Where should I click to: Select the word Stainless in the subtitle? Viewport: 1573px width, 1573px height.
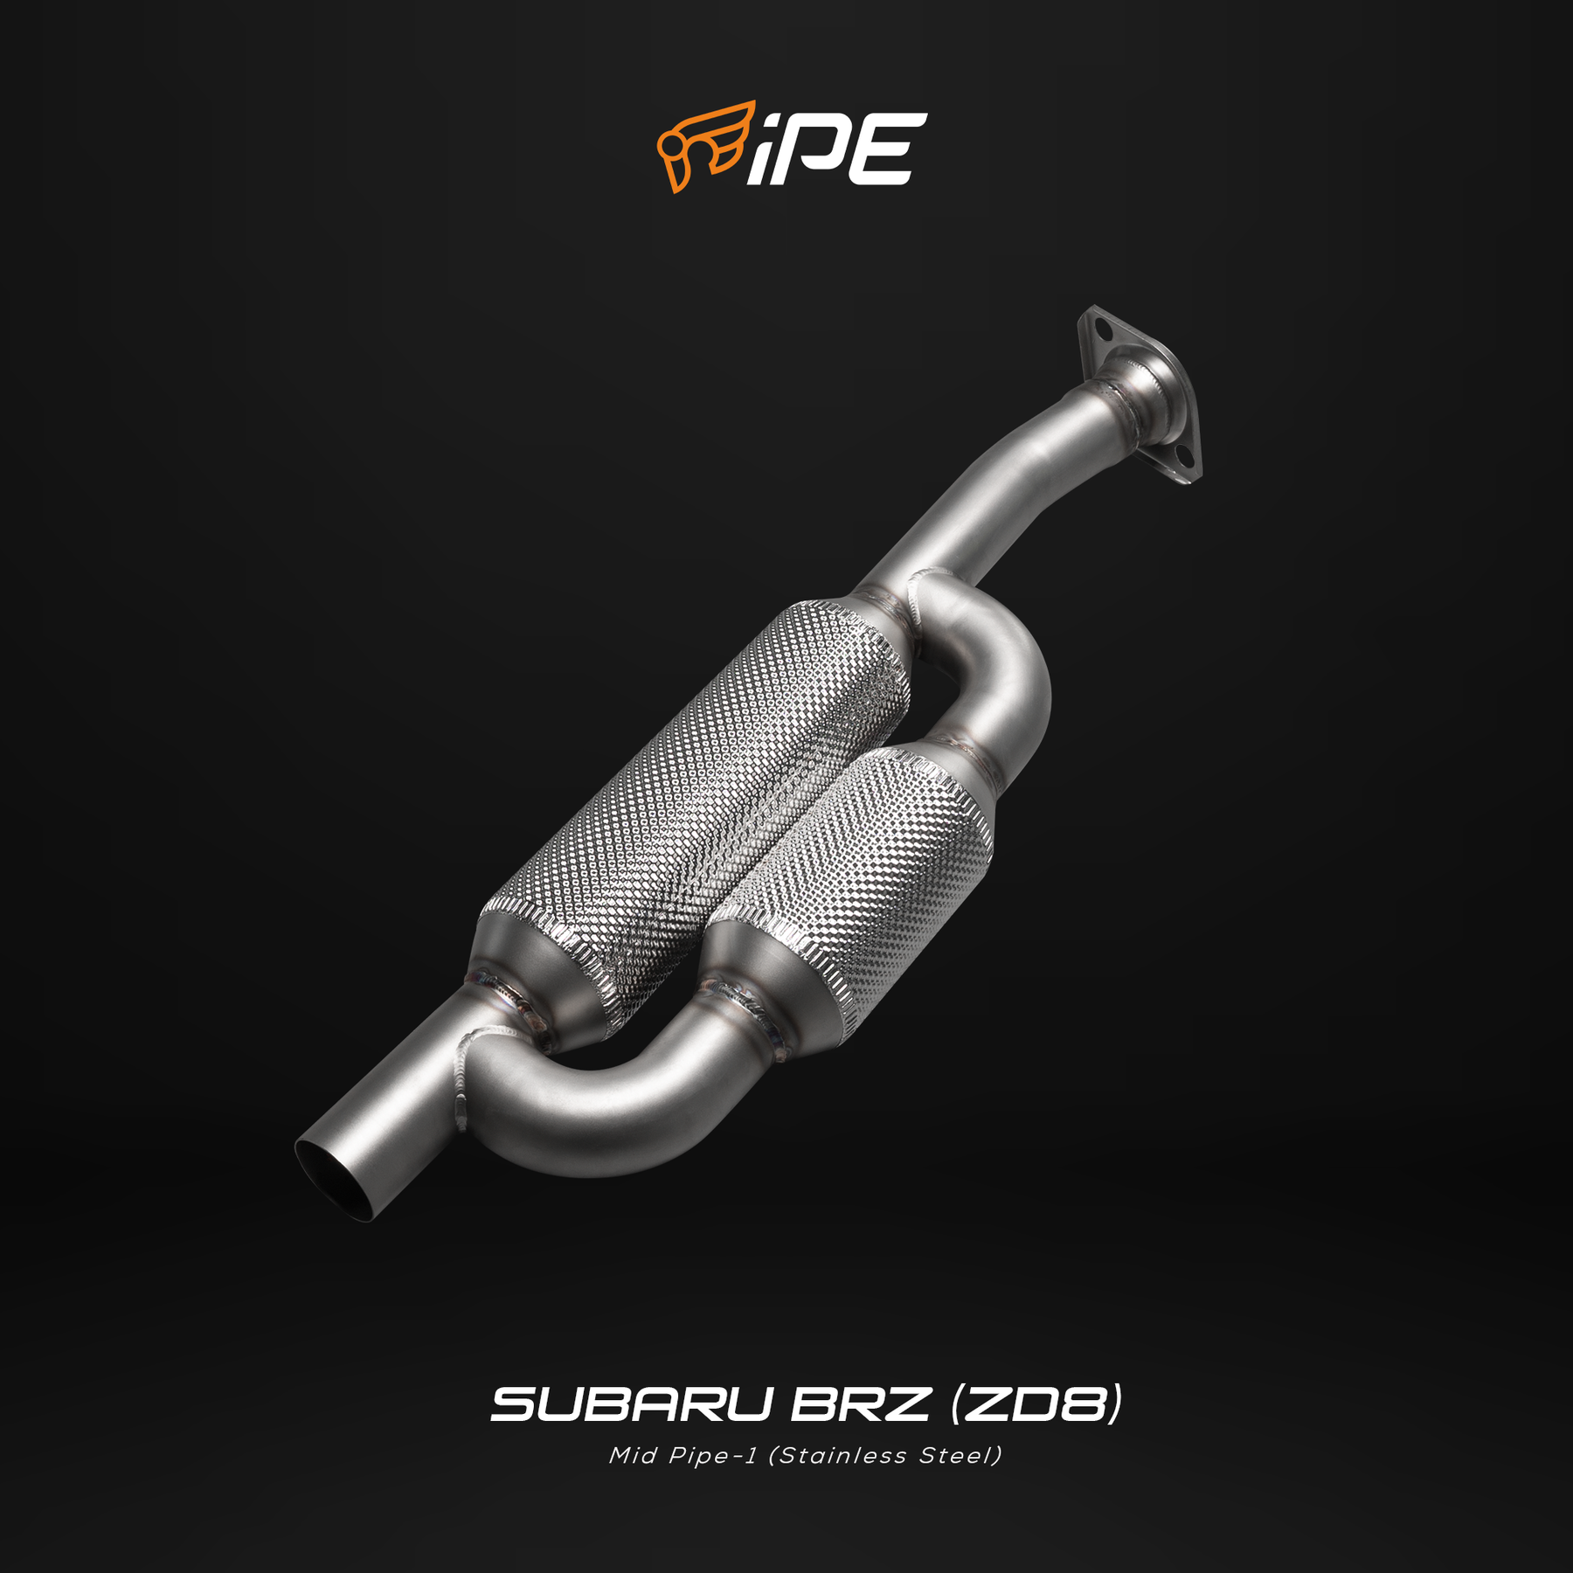tap(842, 1456)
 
